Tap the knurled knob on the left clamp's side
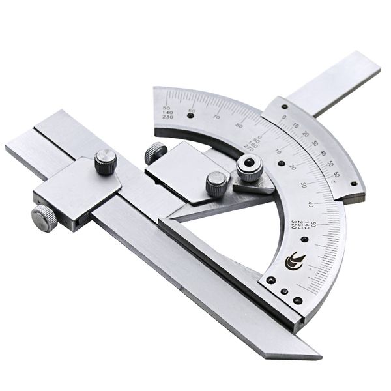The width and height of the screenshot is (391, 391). point(45,218)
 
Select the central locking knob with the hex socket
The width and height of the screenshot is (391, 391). point(250,168)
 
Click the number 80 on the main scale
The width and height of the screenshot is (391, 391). point(240,125)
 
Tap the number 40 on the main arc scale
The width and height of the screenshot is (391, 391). point(310,205)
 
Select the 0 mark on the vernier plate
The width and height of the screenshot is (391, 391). point(283,117)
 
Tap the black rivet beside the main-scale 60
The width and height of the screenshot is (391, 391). point(191,114)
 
